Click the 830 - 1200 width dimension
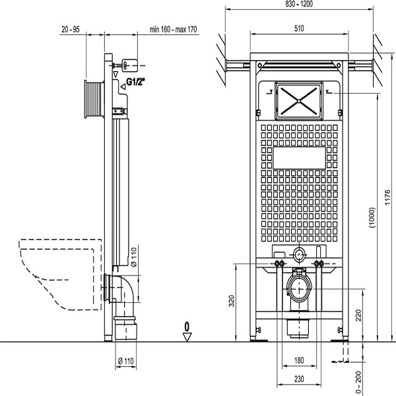[x=299, y=4]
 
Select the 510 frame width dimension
[x=299, y=28]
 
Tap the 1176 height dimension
[x=387, y=197]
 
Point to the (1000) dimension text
[x=372, y=218]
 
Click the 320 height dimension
[x=232, y=301]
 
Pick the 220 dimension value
[x=358, y=315]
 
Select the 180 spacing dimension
[x=299, y=360]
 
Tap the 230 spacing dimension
[x=299, y=379]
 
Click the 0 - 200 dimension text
[x=358, y=382]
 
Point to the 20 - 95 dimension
[x=71, y=30]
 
